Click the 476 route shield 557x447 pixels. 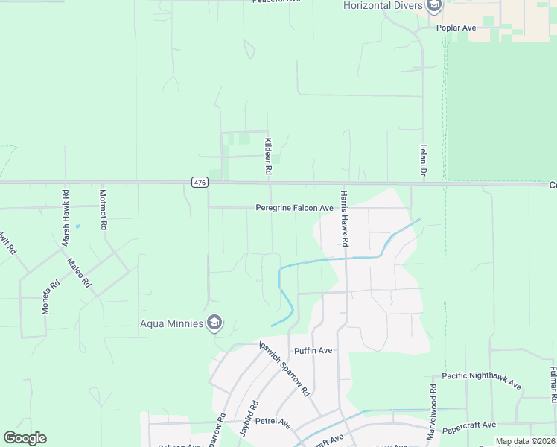[x=199, y=183]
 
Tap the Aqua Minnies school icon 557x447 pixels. [x=214, y=322]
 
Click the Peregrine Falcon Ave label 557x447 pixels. [x=294, y=208]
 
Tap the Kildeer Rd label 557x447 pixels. [x=267, y=156]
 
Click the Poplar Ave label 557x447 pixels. [x=456, y=28]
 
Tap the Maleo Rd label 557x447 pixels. [x=78, y=273]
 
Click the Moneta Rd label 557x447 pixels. [x=50, y=297]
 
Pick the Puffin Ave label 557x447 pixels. [x=313, y=350]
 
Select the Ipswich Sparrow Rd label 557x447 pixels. [x=283, y=368]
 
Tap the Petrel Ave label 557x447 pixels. [x=273, y=422]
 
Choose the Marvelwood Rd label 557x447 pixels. [x=431, y=410]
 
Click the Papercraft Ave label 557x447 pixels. [x=468, y=425]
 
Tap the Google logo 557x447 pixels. [x=25, y=438]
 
